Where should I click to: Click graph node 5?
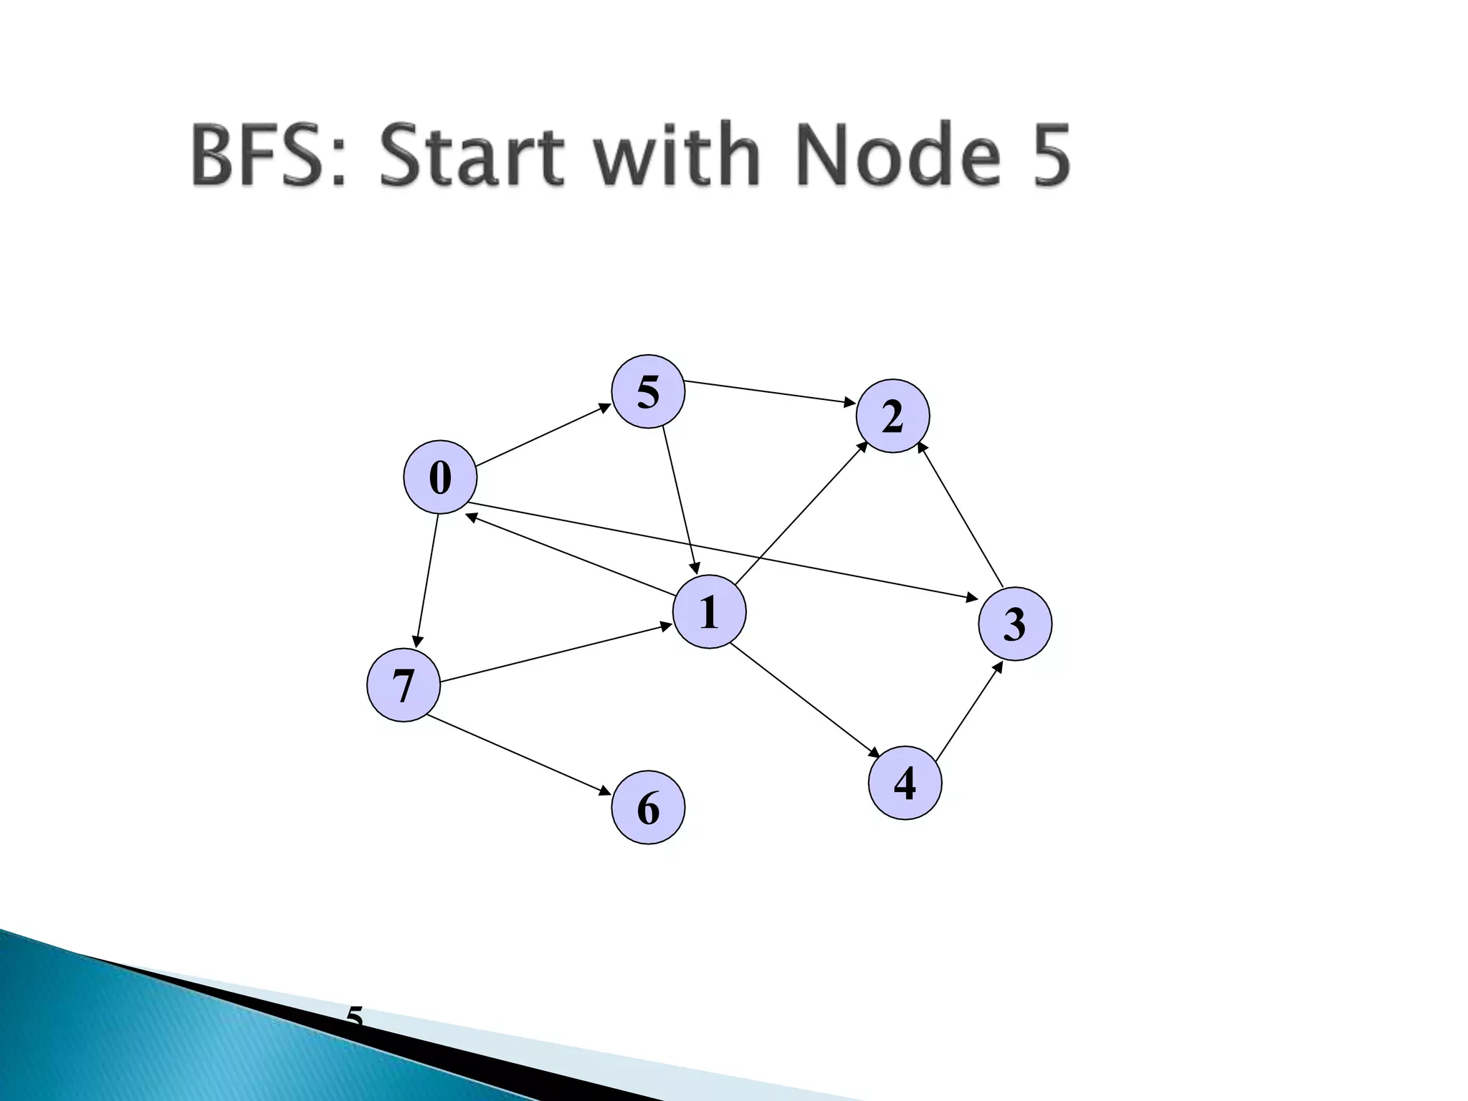(x=648, y=391)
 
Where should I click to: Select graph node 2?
(x=892, y=416)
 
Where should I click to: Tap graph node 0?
(x=440, y=477)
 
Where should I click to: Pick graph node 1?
(x=709, y=611)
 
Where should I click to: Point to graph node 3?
(x=1015, y=624)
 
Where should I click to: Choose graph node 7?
(x=403, y=685)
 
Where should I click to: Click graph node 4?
(x=905, y=783)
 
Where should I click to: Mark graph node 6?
(x=648, y=807)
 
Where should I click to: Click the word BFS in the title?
(x=268, y=156)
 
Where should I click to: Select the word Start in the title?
(x=472, y=156)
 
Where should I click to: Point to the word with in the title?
(x=678, y=156)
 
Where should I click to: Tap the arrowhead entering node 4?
(x=874, y=753)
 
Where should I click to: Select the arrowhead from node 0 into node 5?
(x=605, y=408)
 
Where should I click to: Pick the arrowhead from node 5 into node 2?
(x=849, y=404)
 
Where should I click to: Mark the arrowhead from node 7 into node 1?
(x=666, y=626)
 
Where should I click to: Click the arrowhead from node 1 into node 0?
(x=471, y=515)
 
